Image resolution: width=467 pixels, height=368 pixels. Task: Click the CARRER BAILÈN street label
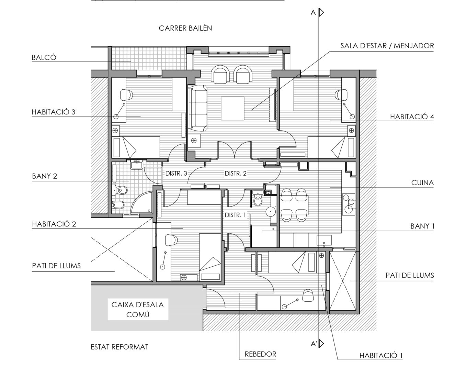185,28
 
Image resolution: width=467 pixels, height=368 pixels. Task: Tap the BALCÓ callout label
44,57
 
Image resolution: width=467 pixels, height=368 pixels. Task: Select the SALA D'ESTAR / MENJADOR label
387,45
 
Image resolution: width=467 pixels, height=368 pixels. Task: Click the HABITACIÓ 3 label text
53,112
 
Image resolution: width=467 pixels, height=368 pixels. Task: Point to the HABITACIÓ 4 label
412,117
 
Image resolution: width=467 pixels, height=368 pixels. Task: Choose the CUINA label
422,183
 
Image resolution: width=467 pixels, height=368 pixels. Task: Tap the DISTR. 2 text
236,174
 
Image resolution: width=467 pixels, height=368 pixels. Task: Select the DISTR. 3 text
176,174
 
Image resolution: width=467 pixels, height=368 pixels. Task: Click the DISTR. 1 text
235,215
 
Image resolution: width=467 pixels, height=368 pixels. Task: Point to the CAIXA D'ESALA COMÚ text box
138,309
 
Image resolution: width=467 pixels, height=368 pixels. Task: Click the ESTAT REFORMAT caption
119,347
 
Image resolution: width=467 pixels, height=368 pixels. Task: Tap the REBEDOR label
260,354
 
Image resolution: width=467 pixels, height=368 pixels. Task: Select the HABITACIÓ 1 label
381,356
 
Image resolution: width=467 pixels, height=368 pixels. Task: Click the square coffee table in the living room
232,108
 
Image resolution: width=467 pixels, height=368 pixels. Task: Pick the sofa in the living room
198,108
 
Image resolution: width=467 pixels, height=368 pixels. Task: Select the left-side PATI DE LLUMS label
56,266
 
